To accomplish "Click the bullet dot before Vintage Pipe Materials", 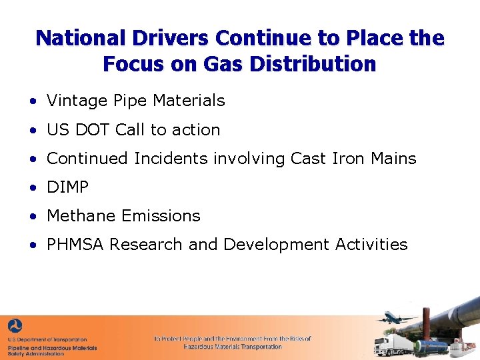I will pyautogui.click(x=33, y=102).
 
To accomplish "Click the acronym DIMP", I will pyautogui.click(x=67, y=187).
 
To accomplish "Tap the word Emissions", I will pyautogui.click(x=161, y=216).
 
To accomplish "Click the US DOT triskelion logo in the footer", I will pyautogui.click(x=15, y=327).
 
